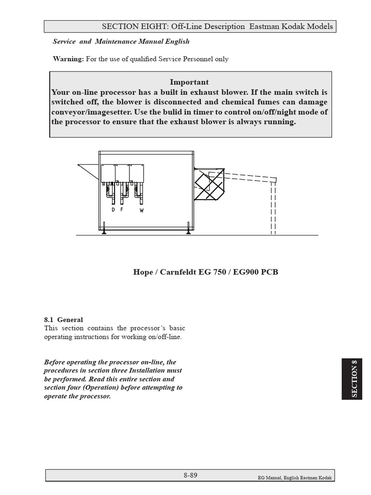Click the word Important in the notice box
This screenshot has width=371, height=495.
(189, 82)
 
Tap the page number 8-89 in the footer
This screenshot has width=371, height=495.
(190, 475)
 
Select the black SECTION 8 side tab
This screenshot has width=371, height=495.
(355, 379)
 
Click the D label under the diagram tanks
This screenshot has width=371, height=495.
(113, 210)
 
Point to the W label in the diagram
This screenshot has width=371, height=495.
(142, 210)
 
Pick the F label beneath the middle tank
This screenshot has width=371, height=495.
(122, 210)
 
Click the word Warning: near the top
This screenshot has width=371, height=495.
(68, 59)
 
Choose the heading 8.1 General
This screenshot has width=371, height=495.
(63, 320)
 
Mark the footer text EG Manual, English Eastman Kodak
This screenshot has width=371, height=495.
(295, 478)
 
